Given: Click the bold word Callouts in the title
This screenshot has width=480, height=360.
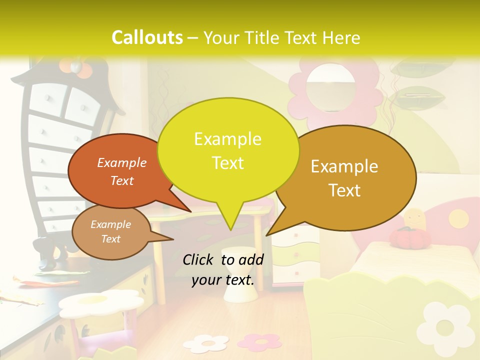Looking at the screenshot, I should [x=147, y=37].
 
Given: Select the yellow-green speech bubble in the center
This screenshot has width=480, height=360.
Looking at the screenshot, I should [x=228, y=150].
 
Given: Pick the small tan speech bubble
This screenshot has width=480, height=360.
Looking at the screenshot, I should [x=111, y=232].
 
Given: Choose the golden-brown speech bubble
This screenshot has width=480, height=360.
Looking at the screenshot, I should [x=350, y=178].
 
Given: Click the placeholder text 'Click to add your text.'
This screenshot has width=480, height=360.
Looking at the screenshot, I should [x=223, y=270].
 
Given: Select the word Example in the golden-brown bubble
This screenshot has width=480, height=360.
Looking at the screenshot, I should [x=344, y=166].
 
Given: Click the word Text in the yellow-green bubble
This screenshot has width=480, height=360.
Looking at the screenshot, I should [x=228, y=163].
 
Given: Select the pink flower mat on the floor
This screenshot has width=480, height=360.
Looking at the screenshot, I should [x=259, y=341].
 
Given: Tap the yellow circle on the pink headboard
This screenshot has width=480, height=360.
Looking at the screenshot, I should [x=457, y=217].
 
